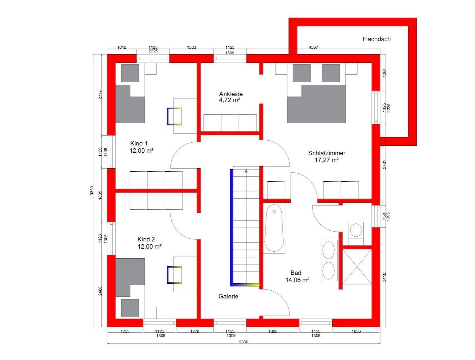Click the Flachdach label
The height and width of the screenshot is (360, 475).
click(x=376, y=39)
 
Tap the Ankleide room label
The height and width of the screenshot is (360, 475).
click(x=231, y=94)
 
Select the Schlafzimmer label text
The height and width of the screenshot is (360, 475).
click(x=327, y=153)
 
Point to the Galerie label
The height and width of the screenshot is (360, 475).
click(x=228, y=296)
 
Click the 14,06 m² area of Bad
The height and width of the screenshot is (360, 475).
click(x=297, y=280)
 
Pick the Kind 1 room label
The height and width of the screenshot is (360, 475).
click(x=139, y=143)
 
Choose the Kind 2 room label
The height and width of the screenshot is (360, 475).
click(x=146, y=239)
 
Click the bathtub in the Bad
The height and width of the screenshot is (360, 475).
click(x=274, y=228)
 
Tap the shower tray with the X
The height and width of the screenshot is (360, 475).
click(x=357, y=267)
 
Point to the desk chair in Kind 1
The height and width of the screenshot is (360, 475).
click(x=174, y=116)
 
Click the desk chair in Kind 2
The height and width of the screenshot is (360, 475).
click(x=174, y=275)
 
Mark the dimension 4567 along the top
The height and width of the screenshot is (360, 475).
click(x=313, y=47)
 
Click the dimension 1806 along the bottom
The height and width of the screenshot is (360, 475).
click(x=273, y=331)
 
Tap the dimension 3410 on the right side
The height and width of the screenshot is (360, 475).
click(x=384, y=277)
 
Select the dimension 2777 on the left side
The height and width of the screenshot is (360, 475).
click(x=100, y=95)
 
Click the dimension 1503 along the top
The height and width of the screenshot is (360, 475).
click(x=191, y=47)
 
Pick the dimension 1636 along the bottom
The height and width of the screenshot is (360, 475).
click(x=356, y=331)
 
